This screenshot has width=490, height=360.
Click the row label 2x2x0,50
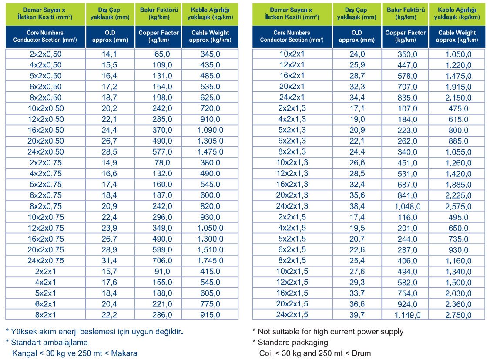[46, 54]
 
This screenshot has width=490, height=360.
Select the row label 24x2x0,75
[46, 261]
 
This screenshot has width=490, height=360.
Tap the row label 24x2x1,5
[292, 315]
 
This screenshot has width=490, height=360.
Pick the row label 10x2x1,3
[292, 162]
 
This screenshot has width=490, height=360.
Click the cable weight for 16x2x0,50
[210, 130]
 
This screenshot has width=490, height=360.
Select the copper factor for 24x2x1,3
[407, 207]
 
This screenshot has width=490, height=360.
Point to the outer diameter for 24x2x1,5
[357, 315]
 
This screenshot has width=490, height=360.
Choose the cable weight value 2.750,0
[458, 315]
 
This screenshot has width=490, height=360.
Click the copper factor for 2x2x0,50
[162, 54]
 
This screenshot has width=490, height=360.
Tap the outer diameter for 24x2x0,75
[109, 261]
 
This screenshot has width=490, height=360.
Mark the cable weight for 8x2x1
[210, 315]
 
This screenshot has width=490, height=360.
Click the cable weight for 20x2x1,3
[458, 195]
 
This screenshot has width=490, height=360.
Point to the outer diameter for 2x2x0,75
[109, 163]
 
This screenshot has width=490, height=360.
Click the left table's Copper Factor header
[159, 36]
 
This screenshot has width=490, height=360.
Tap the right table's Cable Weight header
[457, 36]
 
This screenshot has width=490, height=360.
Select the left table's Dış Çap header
[110, 13]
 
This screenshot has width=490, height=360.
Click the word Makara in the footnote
[124, 353]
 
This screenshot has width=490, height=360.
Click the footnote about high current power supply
[328, 332]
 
